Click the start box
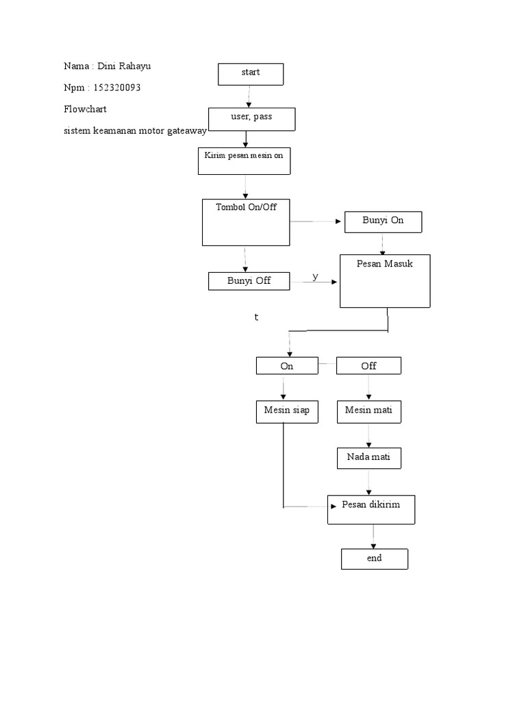click(x=250, y=73)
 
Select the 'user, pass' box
click(x=251, y=119)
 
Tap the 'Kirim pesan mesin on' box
click(x=245, y=160)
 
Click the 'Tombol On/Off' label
click(x=246, y=207)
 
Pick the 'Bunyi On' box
click(x=383, y=221)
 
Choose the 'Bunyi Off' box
click(x=249, y=281)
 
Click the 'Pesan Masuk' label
click(x=384, y=263)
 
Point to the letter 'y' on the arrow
click(x=315, y=276)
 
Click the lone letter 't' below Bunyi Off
click(x=255, y=318)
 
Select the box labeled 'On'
click(x=286, y=366)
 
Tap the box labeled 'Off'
click(x=368, y=366)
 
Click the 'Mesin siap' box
click(x=286, y=411)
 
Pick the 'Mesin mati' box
click(x=368, y=411)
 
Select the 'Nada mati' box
click(x=368, y=457)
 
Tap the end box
click(x=374, y=559)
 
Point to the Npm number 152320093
click(x=119, y=88)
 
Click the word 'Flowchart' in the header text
click(x=85, y=109)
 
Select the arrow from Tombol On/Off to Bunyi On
click(x=316, y=222)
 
